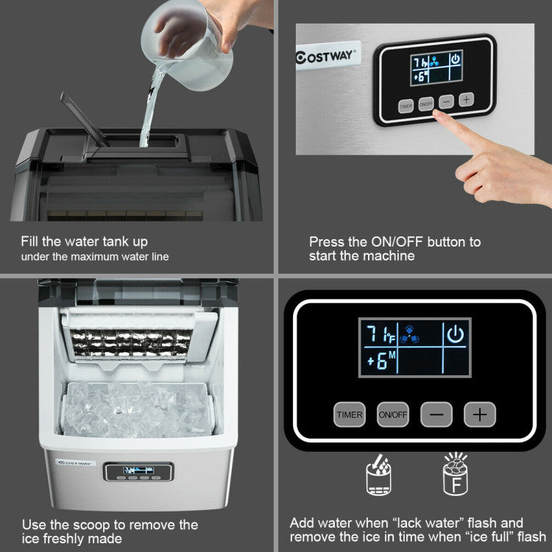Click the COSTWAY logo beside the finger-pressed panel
coord(326,56)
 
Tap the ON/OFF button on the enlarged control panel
coord(392,414)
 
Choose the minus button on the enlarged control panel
coord(436,414)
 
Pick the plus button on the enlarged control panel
coord(479,414)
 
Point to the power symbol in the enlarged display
coord(456,335)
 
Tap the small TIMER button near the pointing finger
coord(406,105)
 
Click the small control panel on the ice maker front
coord(138,472)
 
